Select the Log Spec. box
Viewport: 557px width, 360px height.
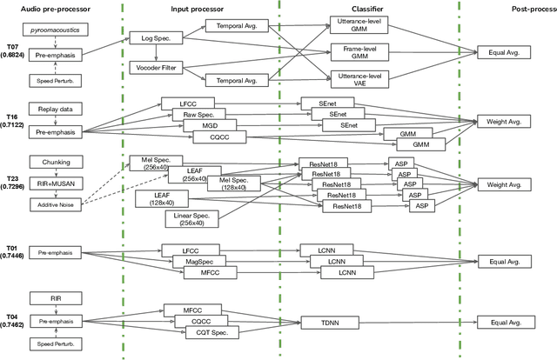tap(151, 38)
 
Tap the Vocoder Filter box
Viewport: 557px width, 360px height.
tap(156, 67)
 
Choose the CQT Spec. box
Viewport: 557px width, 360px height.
tap(211, 332)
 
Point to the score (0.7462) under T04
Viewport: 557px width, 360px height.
tap(12, 324)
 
